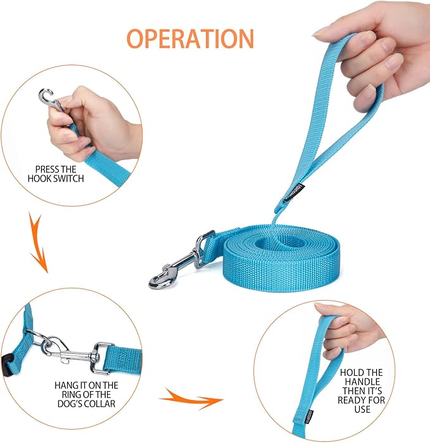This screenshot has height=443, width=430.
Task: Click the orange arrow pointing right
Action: point(189,399)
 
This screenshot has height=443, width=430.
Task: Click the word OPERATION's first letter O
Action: point(137,38)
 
